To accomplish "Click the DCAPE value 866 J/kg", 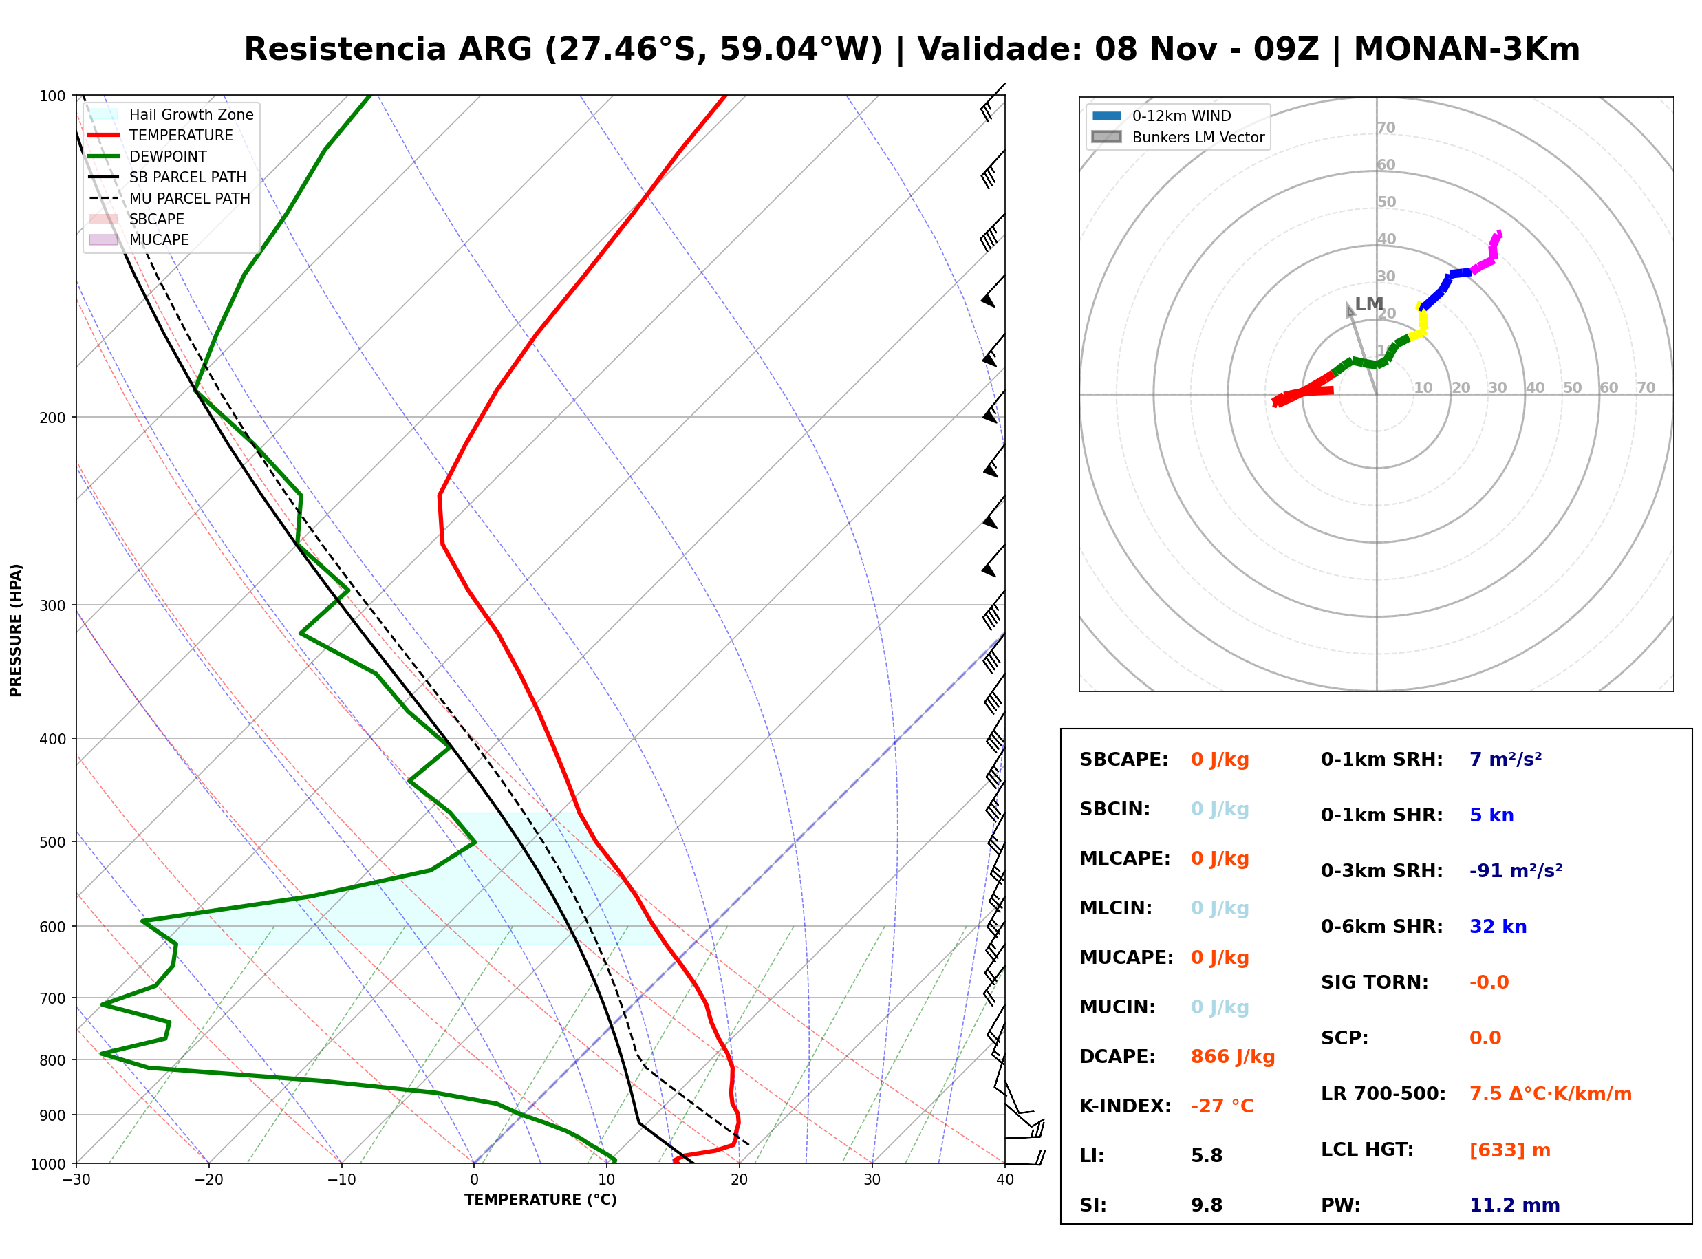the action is [x=1232, y=1056].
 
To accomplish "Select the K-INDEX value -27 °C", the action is [x=1221, y=1106].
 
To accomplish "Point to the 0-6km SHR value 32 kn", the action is [x=1498, y=926].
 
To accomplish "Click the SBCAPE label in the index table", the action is [x=1123, y=759].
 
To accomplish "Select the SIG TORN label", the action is [x=1375, y=982].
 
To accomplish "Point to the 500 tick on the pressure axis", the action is [x=52, y=842].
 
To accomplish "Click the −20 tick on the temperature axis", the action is [x=208, y=1180].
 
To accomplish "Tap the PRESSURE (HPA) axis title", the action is [x=16, y=629].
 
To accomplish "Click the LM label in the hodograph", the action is [x=1369, y=303].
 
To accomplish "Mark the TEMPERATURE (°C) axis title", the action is [x=540, y=1200].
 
